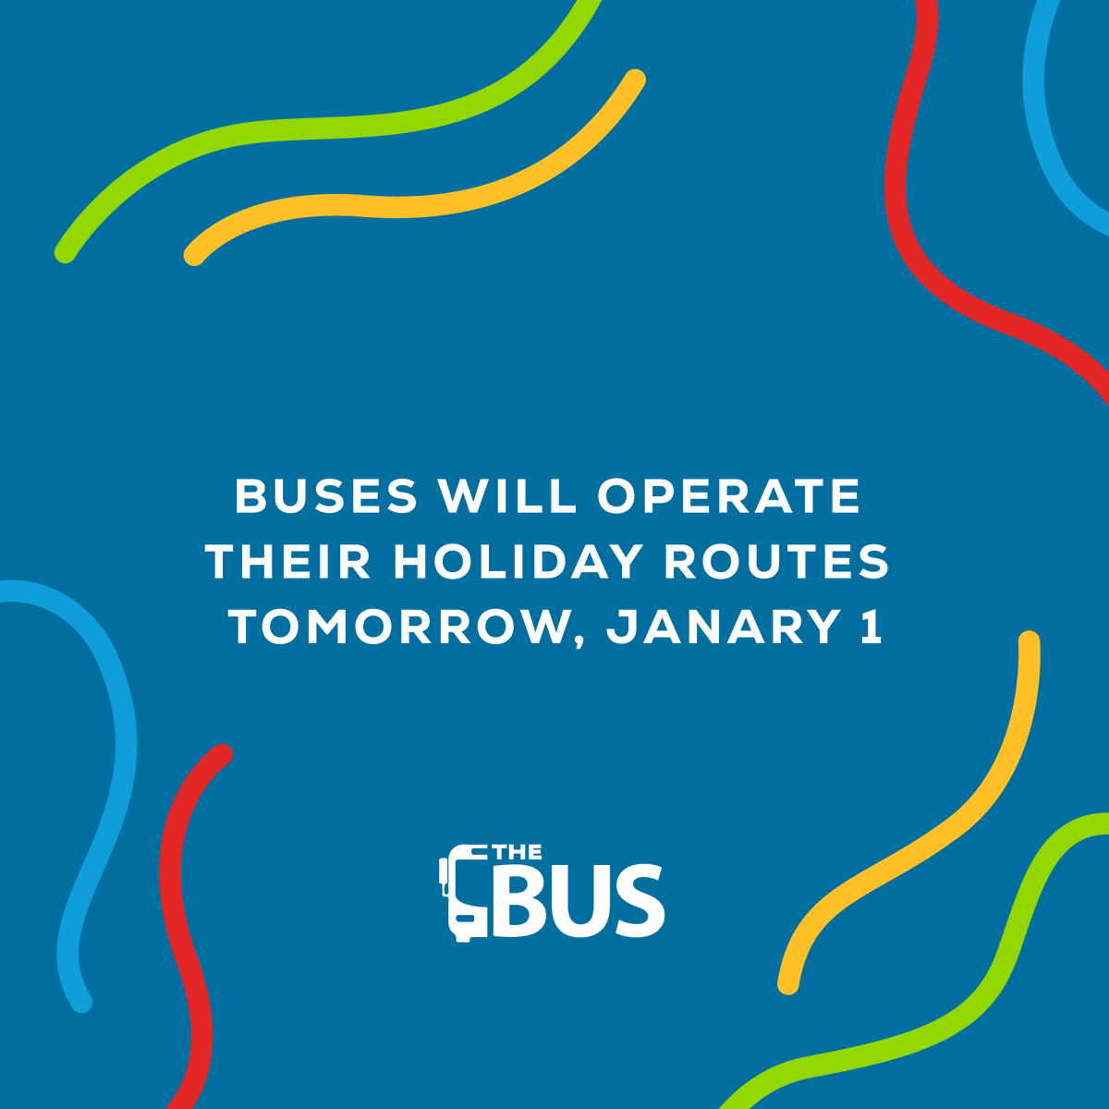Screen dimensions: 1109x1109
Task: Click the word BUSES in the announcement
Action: click(326, 496)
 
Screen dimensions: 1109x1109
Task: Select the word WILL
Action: click(507, 496)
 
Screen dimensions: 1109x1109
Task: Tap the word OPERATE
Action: click(729, 496)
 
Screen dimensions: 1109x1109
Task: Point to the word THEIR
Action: click(287, 562)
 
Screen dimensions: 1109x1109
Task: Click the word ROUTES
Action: click(776, 562)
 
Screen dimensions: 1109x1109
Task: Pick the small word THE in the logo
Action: click(518, 853)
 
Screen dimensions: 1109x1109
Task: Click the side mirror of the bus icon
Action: click(443, 871)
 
